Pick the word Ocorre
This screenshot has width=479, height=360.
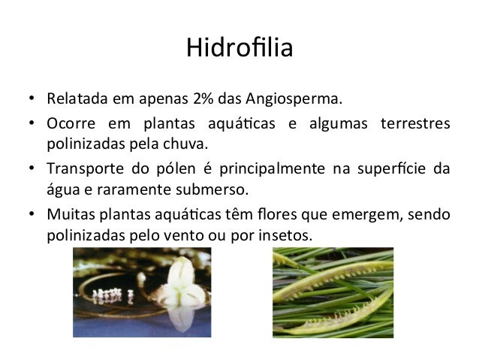(71, 123)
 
